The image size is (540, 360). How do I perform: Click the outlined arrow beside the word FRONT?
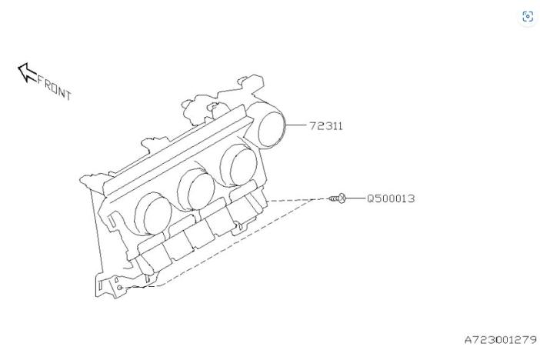pyautogui.click(x=28, y=72)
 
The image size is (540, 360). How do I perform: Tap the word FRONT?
pyautogui.click(x=54, y=88)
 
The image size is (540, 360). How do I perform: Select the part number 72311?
pyautogui.click(x=326, y=125)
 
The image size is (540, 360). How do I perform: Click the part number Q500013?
pyautogui.click(x=391, y=198)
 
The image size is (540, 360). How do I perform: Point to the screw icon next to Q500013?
pyautogui.click(x=337, y=198)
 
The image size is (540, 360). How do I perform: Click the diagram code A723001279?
pyautogui.click(x=501, y=340)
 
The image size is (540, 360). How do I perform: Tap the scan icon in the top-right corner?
pyautogui.click(x=528, y=16)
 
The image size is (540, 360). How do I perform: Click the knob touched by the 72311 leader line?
pyautogui.click(x=266, y=125)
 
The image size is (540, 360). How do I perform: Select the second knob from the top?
pyautogui.click(x=238, y=165)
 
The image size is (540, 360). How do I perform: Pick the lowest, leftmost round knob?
pyautogui.click(x=152, y=214)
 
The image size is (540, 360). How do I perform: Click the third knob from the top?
pyautogui.click(x=195, y=189)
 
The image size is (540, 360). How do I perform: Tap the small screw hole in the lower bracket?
pyautogui.click(x=119, y=288)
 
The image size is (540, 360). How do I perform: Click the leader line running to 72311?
pyautogui.click(x=295, y=125)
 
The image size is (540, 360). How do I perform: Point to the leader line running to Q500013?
pyautogui.click(x=355, y=198)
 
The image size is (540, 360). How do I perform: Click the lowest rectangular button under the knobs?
pyautogui.click(x=154, y=256)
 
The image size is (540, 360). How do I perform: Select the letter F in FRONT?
pyautogui.click(x=41, y=80)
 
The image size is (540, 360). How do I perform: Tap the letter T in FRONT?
pyautogui.click(x=68, y=95)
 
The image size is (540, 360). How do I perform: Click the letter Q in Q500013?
pyautogui.click(x=371, y=198)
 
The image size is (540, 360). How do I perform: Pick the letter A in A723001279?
pyautogui.click(x=468, y=340)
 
